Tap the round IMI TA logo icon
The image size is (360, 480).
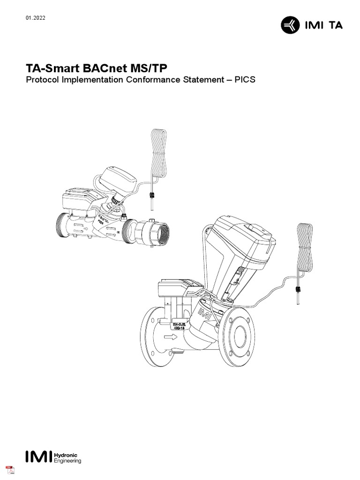[x=289, y=25]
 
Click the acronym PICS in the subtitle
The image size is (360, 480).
[x=245, y=80]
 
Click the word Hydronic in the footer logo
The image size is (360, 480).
[x=66, y=455]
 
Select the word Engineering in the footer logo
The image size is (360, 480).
[x=68, y=461]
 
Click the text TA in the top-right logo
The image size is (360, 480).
[x=335, y=25]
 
